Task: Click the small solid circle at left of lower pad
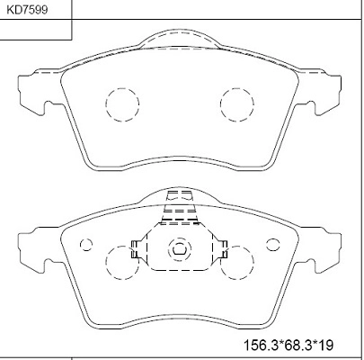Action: click(87, 244)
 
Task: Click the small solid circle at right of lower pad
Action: click(271, 244)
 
